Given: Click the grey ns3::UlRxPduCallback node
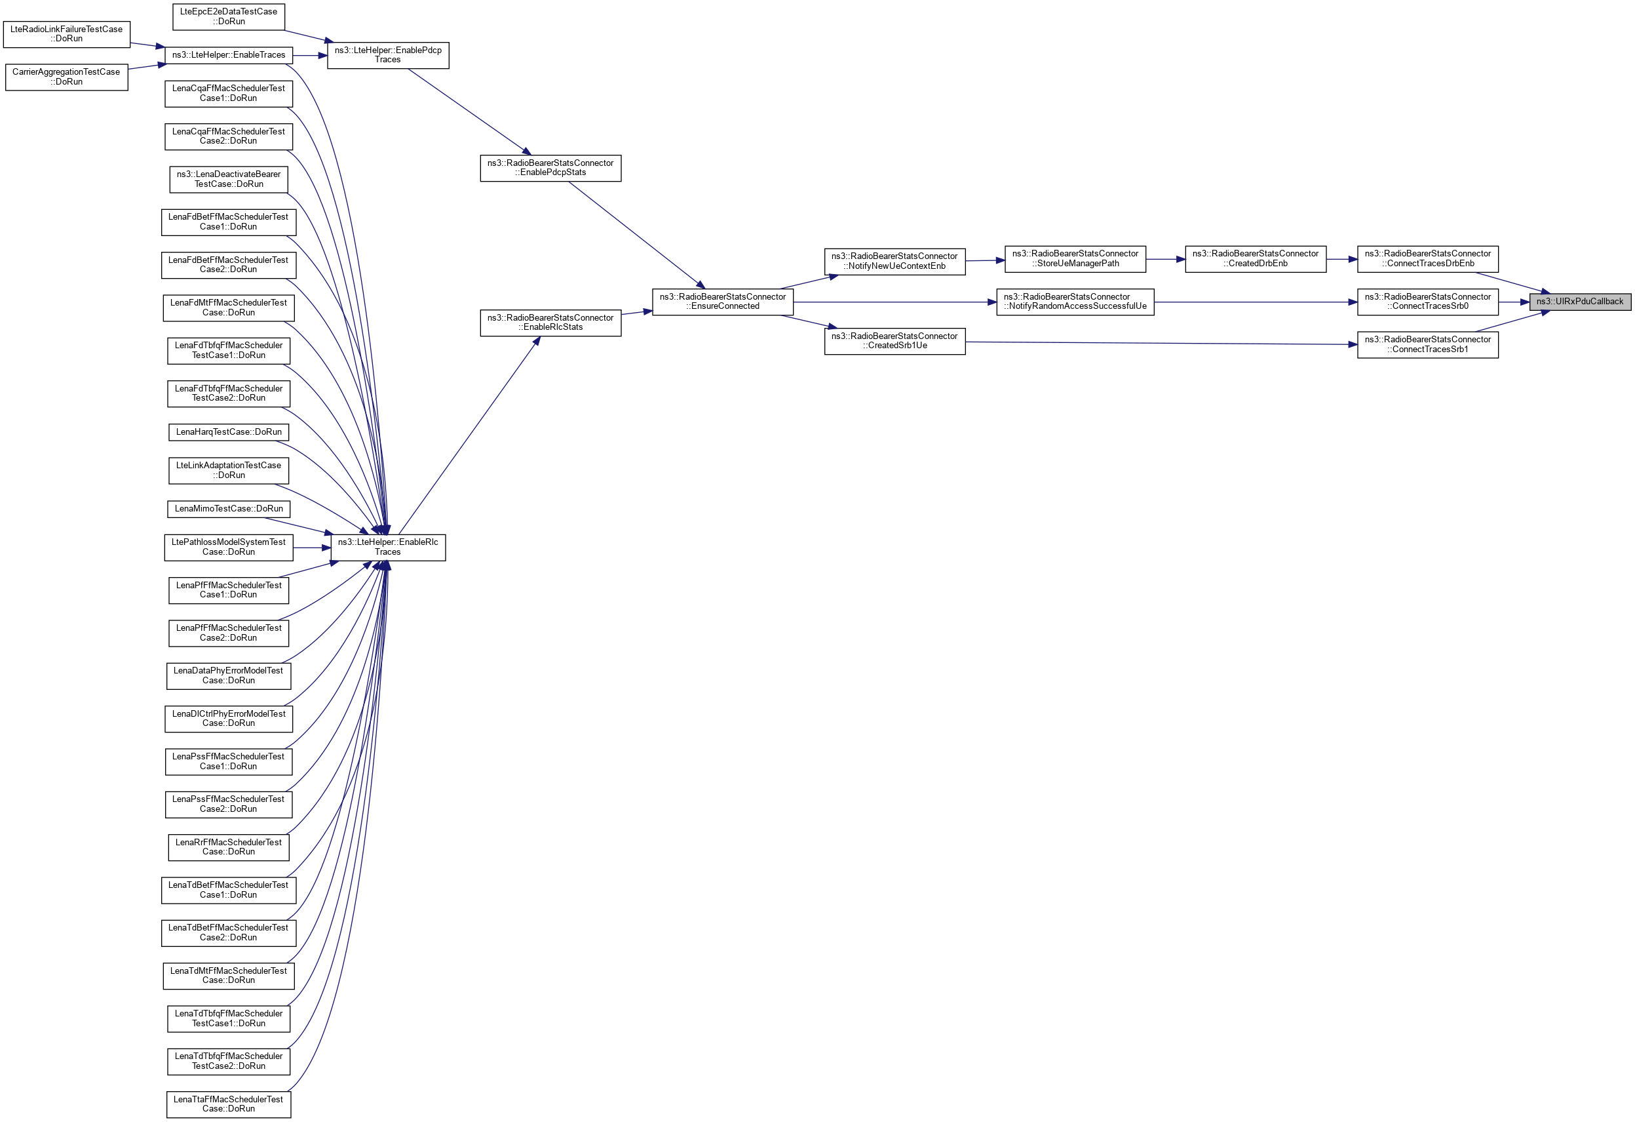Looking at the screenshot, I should click(1579, 302).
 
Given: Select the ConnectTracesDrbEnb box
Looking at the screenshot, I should click(1427, 259).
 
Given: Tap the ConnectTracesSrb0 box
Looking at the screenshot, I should click(1427, 302).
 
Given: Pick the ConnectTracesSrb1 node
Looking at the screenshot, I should click(1427, 345).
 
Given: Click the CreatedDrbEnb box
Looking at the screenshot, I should click(1255, 259).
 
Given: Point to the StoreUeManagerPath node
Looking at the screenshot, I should click(1075, 259).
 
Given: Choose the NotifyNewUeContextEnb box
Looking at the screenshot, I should click(894, 261).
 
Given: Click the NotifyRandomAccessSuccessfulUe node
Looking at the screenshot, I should click(1075, 302).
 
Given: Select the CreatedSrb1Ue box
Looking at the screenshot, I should click(894, 342).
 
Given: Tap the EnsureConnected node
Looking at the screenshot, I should click(723, 302).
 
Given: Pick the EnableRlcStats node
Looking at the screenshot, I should click(550, 323).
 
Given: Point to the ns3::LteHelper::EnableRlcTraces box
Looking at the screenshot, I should click(388, 548).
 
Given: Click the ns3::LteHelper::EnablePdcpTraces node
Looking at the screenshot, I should click(388, 56).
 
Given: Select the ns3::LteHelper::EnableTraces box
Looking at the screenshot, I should click(229, 55).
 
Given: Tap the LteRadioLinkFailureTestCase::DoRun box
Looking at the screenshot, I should click(66, 35).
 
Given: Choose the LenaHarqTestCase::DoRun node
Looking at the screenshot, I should click(229, 432).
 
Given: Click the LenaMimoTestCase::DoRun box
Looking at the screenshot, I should click(229, 509).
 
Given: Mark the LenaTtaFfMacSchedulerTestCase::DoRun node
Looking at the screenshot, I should click(229, 1104).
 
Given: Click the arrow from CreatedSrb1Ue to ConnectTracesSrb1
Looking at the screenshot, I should click(1161, 344).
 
